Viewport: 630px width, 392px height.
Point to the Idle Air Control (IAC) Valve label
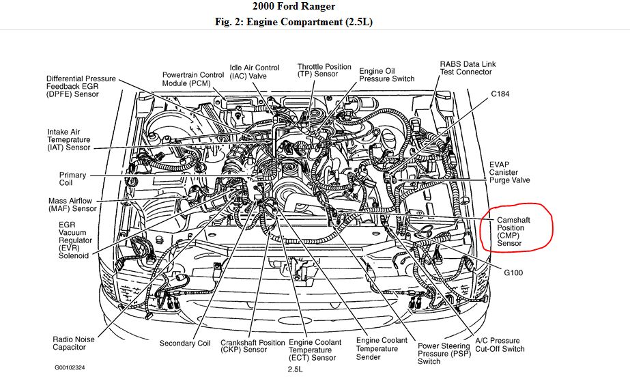255,72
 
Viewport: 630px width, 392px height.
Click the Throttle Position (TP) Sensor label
324,70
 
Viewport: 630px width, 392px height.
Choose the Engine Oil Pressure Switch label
387,74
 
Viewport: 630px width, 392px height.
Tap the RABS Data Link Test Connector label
468,68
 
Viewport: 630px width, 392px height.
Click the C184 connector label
500,93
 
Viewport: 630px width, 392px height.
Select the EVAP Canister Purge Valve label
509,172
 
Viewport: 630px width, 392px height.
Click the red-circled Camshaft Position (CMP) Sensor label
514,232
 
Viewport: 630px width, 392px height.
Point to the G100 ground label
513,272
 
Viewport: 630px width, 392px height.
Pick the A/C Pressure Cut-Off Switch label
500,345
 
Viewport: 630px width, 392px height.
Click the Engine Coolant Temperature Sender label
382,348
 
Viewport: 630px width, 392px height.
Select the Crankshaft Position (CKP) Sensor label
244,346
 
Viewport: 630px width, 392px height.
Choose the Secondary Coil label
185,344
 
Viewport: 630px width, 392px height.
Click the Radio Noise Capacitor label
74,344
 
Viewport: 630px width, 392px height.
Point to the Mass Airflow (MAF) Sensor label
72,204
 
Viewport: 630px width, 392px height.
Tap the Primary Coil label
72,179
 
